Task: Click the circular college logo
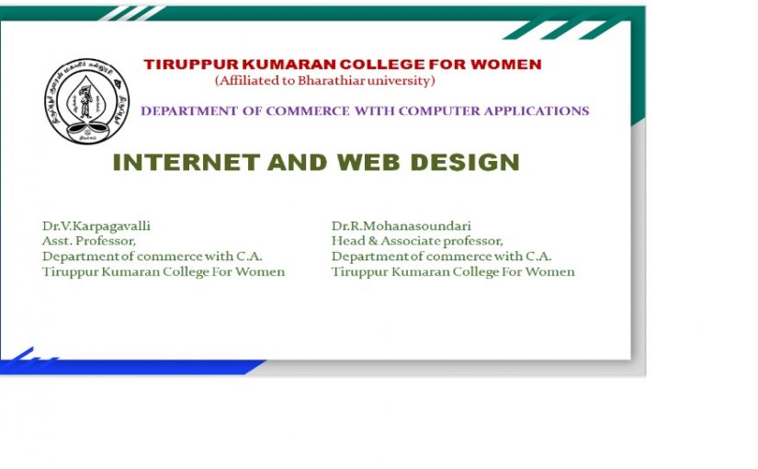coord(87,101)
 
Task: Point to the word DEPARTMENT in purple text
coord(189,111)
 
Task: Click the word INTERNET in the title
coord(187,162)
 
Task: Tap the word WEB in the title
coord(368,162)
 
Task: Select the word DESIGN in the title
coord(465,162)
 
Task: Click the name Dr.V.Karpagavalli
coord(96,226)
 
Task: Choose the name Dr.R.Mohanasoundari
coord(402,226)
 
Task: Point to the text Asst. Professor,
coord(89,241)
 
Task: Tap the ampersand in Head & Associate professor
coord(373,241)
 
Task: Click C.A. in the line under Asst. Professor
coord(249,256)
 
